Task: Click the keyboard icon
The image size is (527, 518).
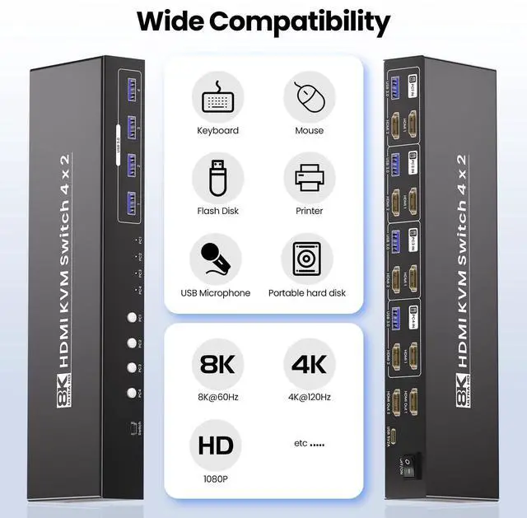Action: coord(218,97)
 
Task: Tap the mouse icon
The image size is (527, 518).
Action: coord(310,97)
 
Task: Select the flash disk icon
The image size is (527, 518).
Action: coord(218,178)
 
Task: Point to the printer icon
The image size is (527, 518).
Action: coord(310,178)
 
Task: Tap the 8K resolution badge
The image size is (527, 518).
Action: coord(217,362)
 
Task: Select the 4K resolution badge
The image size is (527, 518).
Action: coord(309,362)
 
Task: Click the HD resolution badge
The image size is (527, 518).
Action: coord(217,445)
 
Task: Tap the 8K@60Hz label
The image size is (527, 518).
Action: coord(217,397)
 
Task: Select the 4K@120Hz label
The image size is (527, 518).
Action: coord(309,397)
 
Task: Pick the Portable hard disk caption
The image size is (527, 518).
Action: coord(307,293)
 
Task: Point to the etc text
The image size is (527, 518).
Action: coord(310,443)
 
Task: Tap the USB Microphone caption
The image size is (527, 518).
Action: coord(216,293)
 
